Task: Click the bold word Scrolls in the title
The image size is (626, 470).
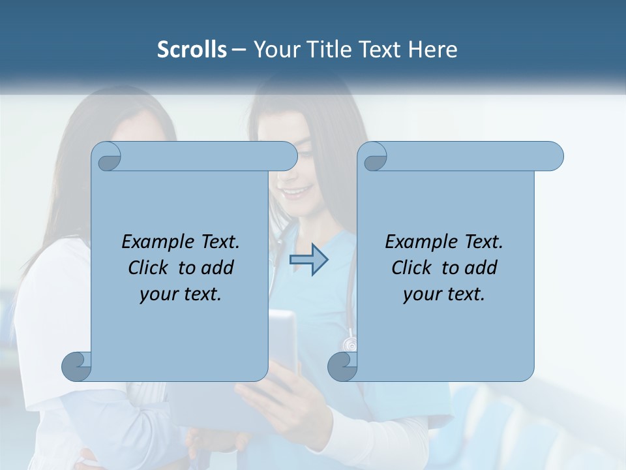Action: coord(192,50)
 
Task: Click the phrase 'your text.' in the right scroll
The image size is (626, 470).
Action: coord(444,294)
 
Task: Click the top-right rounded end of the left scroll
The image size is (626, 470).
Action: coord(288,156)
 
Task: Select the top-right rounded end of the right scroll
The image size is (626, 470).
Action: coord(554,156)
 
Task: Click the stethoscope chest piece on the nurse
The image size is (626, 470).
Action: coord(350,343)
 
